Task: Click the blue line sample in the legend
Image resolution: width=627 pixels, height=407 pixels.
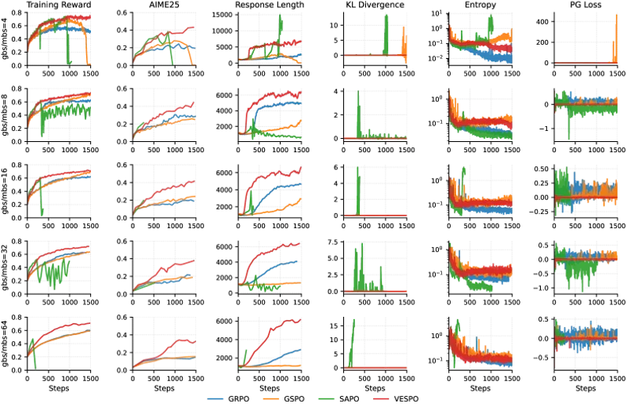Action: [x=216, y=398]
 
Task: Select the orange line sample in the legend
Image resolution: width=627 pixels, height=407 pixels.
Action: [x=271, y=398]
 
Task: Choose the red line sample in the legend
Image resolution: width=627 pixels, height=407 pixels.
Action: [x=382, y=398]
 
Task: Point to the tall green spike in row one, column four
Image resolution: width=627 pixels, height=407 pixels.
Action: [x=387, y=31]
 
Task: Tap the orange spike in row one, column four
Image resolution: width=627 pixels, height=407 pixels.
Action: [x=405, y=39]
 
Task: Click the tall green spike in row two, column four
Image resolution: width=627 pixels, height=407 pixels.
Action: [x=358, y=110]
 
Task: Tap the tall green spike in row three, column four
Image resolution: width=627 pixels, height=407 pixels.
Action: [x=358, y=184]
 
